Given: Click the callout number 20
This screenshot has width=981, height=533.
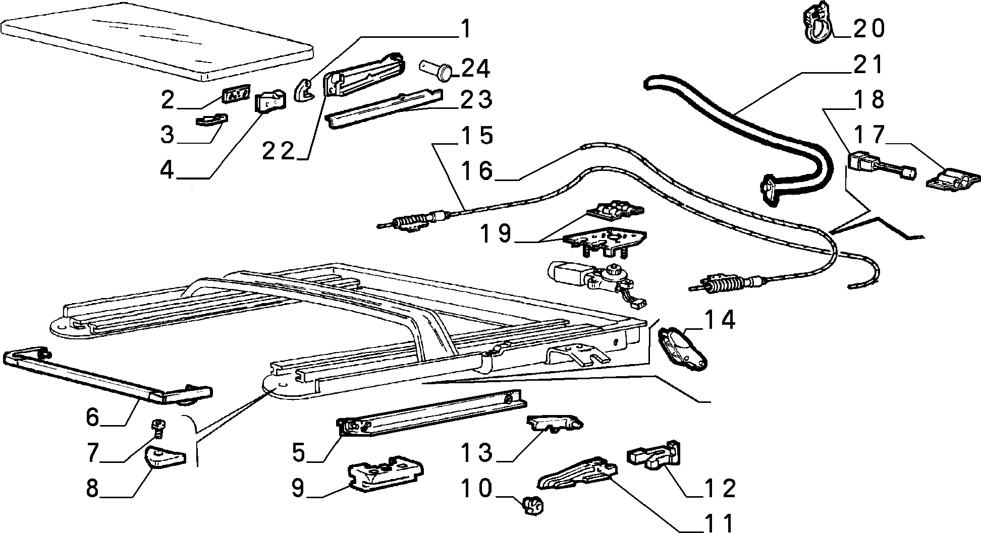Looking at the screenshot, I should (868, 28).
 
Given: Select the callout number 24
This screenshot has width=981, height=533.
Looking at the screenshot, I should (475, 69).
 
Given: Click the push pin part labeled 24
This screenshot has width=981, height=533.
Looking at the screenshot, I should (437, 70).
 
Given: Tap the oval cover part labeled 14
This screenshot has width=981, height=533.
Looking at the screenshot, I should (682, 348).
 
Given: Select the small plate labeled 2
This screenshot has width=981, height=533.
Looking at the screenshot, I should (236, 94).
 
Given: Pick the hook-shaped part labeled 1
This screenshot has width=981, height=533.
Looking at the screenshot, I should (303, 91).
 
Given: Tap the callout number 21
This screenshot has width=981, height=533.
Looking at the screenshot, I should (868, 65).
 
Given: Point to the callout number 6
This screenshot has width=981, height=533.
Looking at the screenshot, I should (93, 418).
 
